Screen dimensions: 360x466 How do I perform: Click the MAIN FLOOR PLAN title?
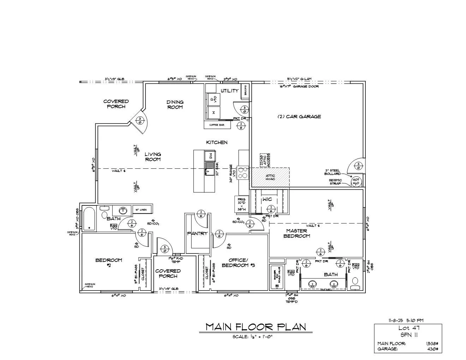256,327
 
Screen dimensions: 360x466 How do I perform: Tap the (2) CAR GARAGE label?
299,116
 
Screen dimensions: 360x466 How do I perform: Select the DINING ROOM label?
175,104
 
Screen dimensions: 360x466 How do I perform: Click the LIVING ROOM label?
153,156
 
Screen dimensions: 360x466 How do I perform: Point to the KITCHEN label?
217,142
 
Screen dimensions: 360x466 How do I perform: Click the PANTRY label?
197,234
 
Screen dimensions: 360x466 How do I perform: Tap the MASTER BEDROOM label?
297,233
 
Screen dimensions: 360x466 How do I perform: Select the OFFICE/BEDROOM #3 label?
238,263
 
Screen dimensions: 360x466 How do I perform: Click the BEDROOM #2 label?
109,263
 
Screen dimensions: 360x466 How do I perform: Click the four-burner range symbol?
243,173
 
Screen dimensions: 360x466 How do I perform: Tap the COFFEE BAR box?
217,125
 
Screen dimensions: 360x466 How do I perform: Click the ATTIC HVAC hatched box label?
270,178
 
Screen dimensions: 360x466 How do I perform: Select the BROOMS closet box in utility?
245,91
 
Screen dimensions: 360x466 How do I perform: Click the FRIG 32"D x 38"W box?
241,204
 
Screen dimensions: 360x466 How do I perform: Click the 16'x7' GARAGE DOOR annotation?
299,86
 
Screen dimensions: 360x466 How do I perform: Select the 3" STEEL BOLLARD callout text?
333,172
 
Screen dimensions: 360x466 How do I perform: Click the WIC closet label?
267,199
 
